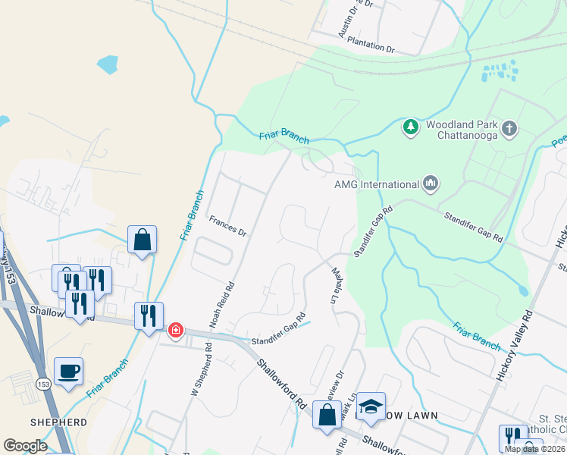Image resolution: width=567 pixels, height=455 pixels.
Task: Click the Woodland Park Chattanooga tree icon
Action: coord(411,127)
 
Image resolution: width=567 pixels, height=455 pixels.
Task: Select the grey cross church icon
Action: coord(510,128)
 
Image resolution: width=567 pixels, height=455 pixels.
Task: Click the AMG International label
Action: coord(377,184)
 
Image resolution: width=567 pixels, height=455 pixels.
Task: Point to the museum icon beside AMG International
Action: coord(431,184)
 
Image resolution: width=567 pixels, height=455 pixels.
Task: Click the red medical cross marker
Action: coord(176,330)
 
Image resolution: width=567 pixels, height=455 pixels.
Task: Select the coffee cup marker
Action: coord(69,372)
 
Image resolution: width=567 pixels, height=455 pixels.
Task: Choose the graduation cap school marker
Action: coord(371,406)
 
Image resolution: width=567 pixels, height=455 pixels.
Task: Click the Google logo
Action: coord(25,446)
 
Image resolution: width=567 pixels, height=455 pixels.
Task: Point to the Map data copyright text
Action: coord(534,449)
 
